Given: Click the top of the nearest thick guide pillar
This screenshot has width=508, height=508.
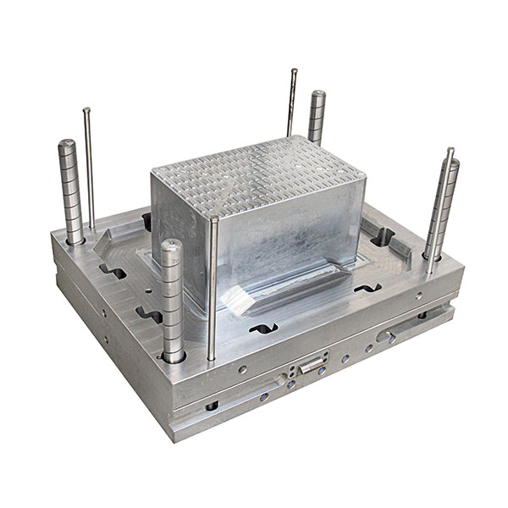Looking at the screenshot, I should tap(173, 246).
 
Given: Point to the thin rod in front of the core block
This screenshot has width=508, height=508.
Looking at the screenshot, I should tap(213, 288).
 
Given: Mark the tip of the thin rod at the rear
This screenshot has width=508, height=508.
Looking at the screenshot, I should tap(294, 71).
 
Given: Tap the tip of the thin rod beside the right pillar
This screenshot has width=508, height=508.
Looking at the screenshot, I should tap(450, 152).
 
